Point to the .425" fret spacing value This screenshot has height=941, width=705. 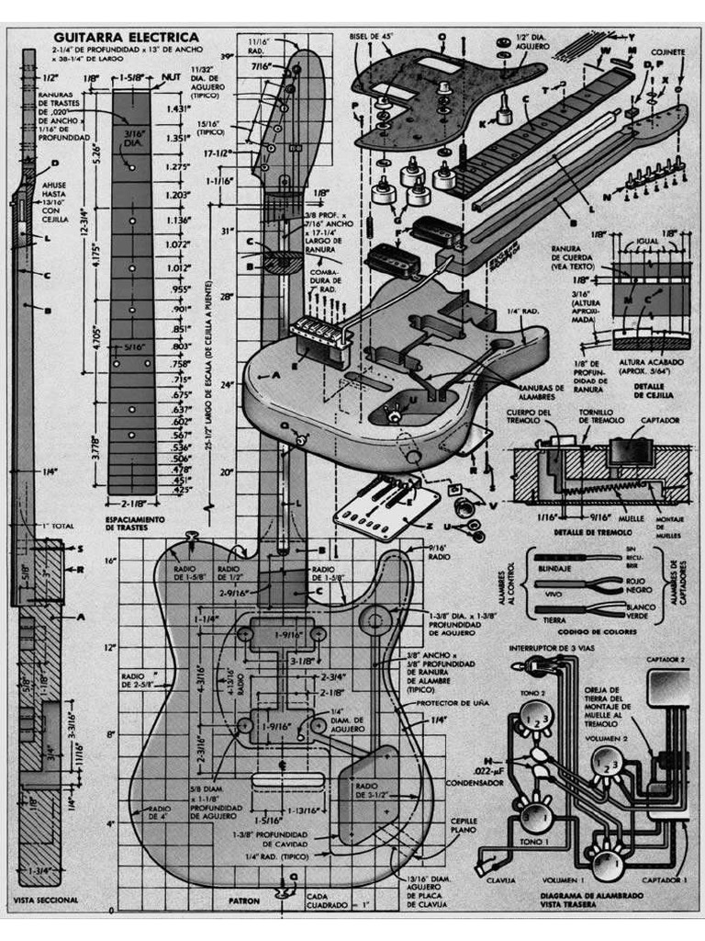coord(181,490)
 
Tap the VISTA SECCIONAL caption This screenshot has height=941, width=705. coord(46,900)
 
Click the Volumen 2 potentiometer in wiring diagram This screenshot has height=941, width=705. coord(606,762)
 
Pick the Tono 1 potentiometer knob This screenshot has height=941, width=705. coord(532,814)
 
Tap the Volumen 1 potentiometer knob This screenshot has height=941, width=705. coord(605,864)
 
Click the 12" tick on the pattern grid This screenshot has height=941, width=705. coord(109,648)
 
